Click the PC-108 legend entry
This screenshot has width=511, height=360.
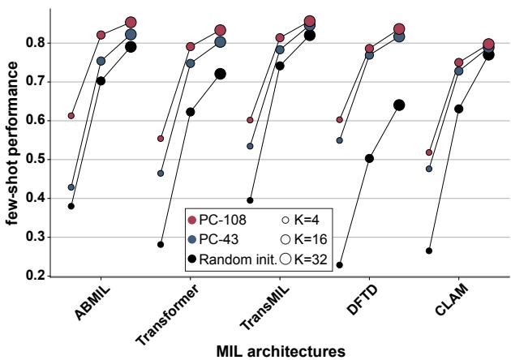pyautogui.click(x=217, y=221)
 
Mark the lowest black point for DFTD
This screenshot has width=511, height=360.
pyautogui.click(x=339, y=265)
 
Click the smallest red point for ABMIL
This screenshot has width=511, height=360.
pyautogui.click(x=71, y=116)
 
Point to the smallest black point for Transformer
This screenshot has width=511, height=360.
pyautogui.click(x=161, y=244)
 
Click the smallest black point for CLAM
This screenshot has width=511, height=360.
pyautogui.click(x=428, y=251)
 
